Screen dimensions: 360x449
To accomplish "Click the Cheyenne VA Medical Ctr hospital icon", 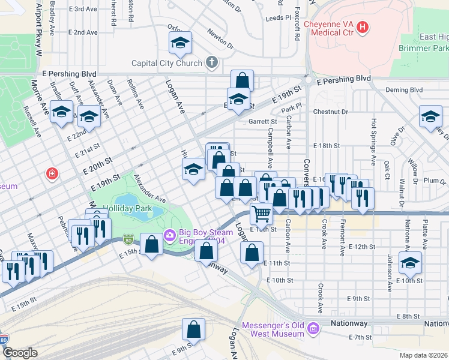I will [363, 27].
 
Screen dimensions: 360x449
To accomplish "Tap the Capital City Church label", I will [167, 62].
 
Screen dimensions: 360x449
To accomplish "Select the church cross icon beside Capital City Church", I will [211, 62].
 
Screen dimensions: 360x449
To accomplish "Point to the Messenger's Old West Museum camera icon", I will [313, 328].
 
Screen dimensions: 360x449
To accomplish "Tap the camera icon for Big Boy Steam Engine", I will [169, 235].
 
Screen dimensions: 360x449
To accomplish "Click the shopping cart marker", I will [261, 213].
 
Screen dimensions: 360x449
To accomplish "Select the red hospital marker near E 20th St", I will [53, 174].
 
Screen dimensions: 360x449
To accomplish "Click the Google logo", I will [20, 353].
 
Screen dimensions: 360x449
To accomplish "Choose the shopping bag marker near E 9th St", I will [193, 329].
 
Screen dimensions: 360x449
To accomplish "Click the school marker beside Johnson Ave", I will [411, 263].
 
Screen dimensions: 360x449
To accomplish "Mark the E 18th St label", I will [327, 146].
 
